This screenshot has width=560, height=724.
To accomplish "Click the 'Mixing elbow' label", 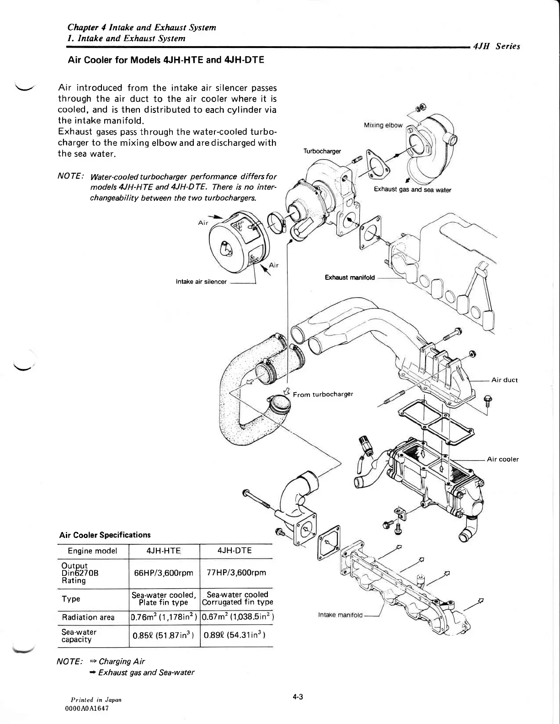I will click(x=383, y=125).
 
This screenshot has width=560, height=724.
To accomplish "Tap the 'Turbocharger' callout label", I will click(x=322, y=151).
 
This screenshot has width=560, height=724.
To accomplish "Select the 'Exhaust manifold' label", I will click(x=349, y=277).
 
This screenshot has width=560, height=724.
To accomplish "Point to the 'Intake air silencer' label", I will click(x=201, y=282).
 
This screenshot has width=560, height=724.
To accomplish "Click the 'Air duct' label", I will click(x=504, y=380).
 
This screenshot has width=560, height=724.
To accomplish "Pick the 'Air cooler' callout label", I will click(x=502, y=459).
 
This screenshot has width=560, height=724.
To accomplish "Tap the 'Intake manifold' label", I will click(x=340, y=615).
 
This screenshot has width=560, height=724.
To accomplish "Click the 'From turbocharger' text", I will click(x=323, y=394).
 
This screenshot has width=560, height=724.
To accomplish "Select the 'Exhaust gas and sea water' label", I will click(x=412, y=190).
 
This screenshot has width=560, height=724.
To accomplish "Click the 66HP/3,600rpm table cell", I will click(x=164, y=573).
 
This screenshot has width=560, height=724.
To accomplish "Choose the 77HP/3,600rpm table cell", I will click(x=236, y=573).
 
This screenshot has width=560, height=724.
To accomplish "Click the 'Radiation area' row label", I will click(x=88, y=618).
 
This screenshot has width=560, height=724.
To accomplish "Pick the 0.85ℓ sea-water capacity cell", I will click(x=164, y=635).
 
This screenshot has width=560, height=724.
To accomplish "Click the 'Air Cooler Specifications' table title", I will click(x=105, y=535).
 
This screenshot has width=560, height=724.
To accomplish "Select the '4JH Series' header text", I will click(x=497, y=46).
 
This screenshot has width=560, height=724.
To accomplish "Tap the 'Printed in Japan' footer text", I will click(x=96, y=700).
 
